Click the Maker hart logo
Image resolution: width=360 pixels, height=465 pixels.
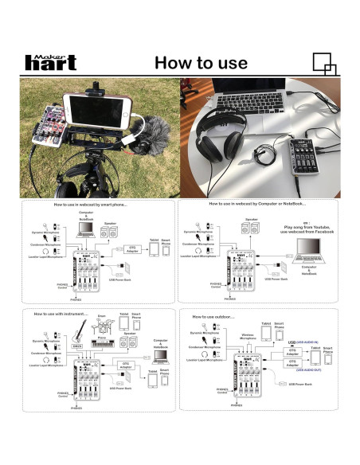tap(52, 61)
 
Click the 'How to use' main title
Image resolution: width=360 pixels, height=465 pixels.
tap(202, 62)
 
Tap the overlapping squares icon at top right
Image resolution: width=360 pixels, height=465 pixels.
tap(323, 61)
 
